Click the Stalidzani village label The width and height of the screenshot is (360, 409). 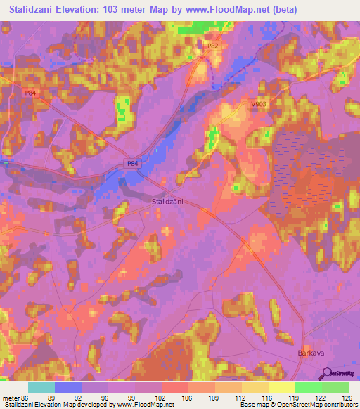pyautogui.click(x=168, y=201)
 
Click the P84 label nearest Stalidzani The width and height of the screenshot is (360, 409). pyautogui.click(x=132, y=163)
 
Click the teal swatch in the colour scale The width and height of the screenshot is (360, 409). pyautogui.click(x=41, y=387)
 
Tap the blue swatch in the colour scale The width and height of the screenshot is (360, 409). pyautogui.click(x=68, y=387)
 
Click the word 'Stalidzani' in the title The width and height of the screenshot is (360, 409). pyautogui.click(x=33, y=10)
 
